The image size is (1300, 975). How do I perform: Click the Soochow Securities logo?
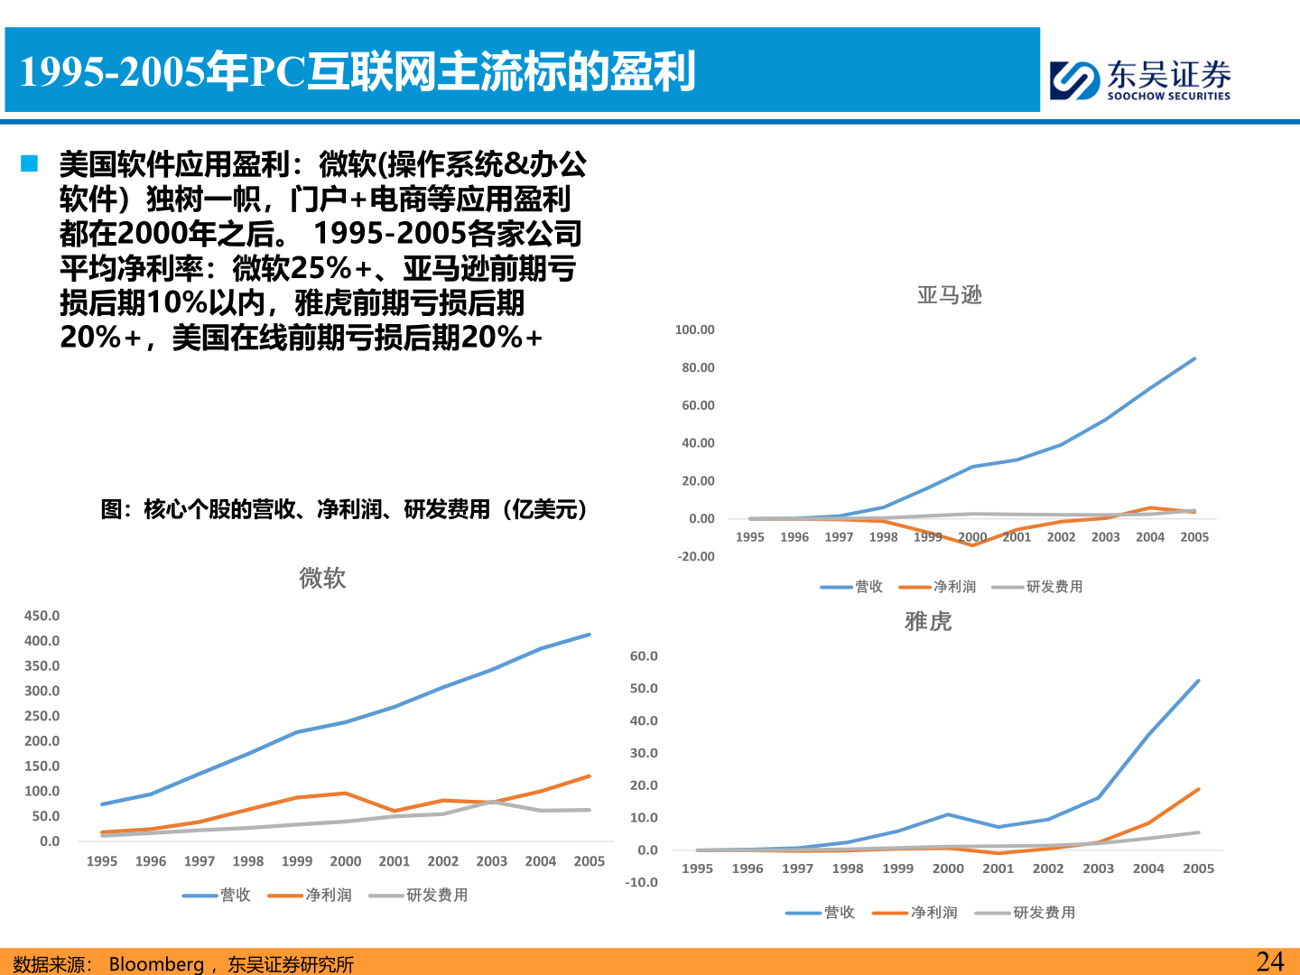(x=1139, y=79)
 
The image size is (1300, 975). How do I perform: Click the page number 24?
(x=1269, y=961)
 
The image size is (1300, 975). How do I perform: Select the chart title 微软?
(x=322, y=578)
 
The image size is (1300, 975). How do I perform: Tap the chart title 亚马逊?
(x=949, y=295)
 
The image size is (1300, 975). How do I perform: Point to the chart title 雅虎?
(x=928, y=621)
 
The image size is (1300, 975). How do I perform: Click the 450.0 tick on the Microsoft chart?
(x=42, y=616)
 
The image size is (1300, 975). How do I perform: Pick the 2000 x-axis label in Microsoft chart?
(x=345, y=861)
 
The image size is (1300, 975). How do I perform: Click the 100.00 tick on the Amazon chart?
(x=694, y=330)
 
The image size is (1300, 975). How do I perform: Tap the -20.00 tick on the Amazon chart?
(x=695, y=556)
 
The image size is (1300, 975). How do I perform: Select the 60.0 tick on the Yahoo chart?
(x=644, y=656)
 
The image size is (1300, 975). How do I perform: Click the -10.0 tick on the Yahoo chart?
(x=641, y=882)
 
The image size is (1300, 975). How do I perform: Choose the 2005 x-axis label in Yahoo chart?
(x=1198, y=868)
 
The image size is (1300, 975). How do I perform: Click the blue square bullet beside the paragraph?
(x=30, y=164)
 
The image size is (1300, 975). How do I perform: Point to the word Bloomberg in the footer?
(x=156, y=964)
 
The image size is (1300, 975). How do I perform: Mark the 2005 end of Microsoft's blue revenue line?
(x=590, y=635)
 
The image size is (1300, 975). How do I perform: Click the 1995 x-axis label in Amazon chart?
(x=749, y=537)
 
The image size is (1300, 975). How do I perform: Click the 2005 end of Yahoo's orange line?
(x=1198, y=790)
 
